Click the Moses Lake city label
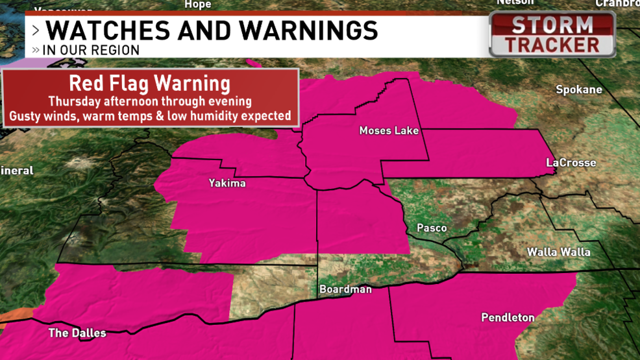tap(389, 130)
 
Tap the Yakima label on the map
tap(227, 183)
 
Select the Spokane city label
tap(579, 90)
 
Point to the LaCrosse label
tap(571, 162)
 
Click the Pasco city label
tap(432, 228)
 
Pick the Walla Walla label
tap(558, 251)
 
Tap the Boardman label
tap(345, 289)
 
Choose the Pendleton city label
tap(508, 317)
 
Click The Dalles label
tap(77, 333)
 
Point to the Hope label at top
tap(198, 5)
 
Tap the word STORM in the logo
tap(552, 25)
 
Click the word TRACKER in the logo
tap(552, 45)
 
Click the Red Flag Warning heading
tap(149, 83)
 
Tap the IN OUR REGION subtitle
tap(91, 50)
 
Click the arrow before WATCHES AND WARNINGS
tap(36, 30)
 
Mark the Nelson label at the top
tap(515, 3)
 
